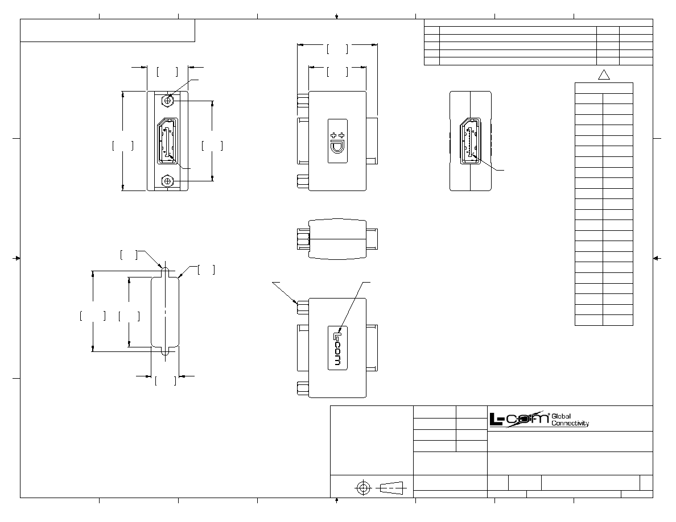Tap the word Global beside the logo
click(561, 416)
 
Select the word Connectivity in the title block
click(570, 424)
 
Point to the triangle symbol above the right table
click(604, 75)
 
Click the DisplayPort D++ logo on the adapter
click(337, 141)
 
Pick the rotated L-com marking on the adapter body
click(337, 347)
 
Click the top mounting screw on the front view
click(167, 100)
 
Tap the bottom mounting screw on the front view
click(167, 181)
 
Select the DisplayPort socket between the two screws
click(168, 141)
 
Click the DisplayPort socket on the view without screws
click(471, 141)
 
